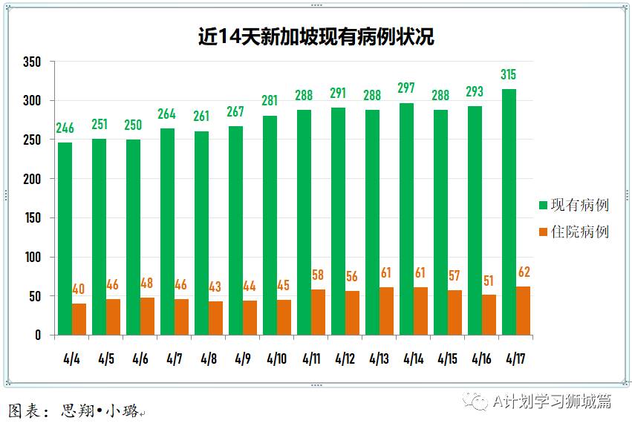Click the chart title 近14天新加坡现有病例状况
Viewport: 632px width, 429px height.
316,36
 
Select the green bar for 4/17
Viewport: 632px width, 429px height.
509,212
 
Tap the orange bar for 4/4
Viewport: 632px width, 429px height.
79,319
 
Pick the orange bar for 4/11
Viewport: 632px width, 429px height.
318,312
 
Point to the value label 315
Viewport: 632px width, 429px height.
509,74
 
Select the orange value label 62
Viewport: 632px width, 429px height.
524,272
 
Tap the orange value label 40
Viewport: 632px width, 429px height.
79,288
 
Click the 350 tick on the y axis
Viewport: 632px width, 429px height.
32,62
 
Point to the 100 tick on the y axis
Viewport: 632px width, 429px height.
32,258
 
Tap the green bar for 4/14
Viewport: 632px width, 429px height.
406,219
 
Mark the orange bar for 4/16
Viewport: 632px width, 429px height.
489,315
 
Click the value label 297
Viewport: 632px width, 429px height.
406,88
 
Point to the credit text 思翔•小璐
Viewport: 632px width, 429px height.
100,410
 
